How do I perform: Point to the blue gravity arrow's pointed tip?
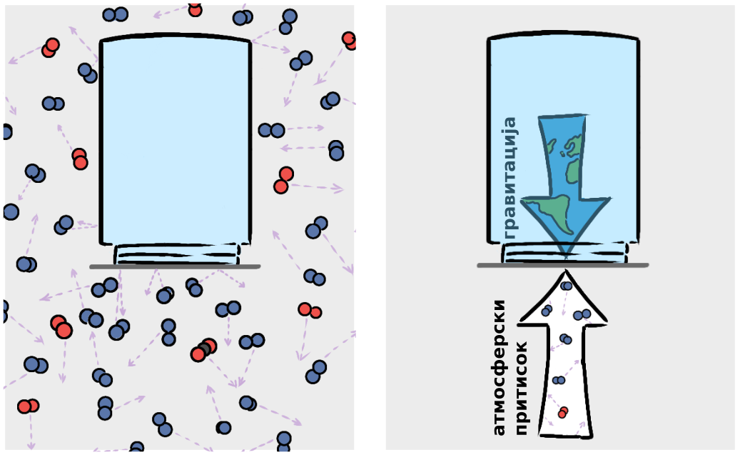[x=565, y=253]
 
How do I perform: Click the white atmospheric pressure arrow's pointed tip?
[x=565, y=272]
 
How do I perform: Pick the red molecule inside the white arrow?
[x=563, y=411]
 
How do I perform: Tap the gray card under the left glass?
[x=175, y=266]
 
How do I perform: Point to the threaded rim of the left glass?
[x=177, y=254]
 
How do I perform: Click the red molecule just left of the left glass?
[x=79, y=159]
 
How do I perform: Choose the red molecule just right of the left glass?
[x=283, y=179]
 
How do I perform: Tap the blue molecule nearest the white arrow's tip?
[x=566, y=286]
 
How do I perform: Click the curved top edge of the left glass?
[x=176, y=36]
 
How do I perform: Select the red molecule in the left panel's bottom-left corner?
[x=27, y=406]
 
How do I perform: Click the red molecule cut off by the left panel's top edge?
[x=195, y=9]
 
